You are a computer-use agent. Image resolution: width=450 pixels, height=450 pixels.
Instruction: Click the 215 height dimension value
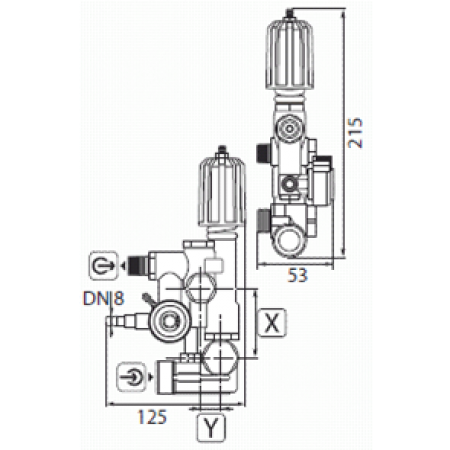pyautogui.click(x=355, y=132)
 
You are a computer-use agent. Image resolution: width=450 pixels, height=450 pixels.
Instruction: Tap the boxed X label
pyautogui.click(x=272, y=322)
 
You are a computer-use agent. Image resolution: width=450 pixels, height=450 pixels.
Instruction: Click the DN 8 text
pyautogui.click(x=104, y=298)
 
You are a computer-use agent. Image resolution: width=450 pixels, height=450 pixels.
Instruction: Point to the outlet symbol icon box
pyautogui.click(x=104, y=266)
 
